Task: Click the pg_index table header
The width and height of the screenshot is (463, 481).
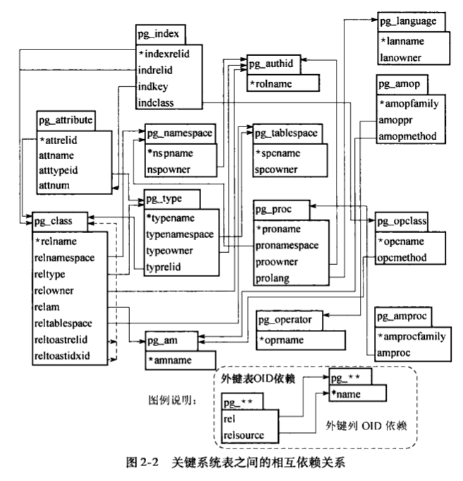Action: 161,33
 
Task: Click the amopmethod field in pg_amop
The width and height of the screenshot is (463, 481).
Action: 408,135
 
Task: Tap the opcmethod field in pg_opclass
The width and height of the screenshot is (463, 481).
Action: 402,258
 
